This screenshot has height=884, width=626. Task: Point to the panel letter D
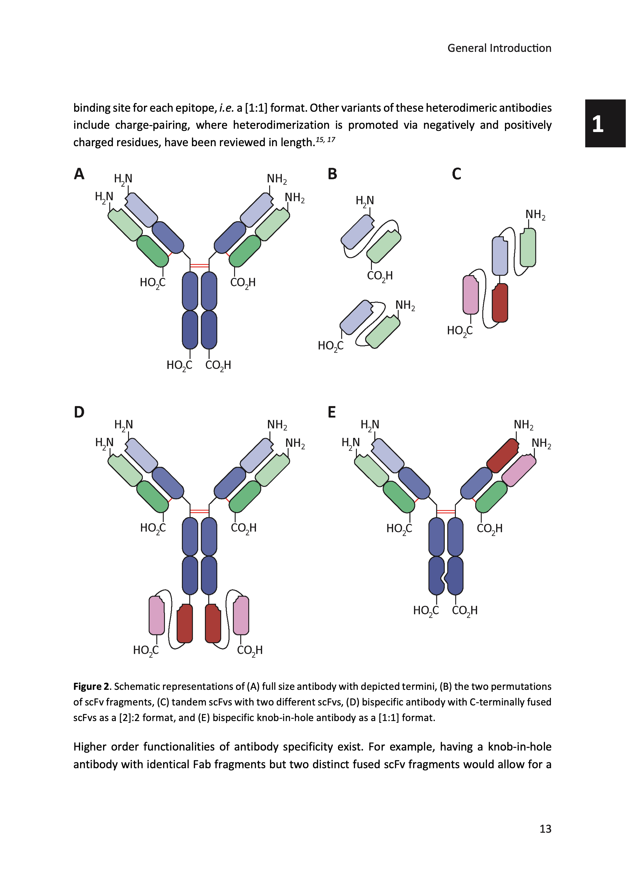[x=79, y=412]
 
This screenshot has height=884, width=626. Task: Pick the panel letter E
[x=332, y=412]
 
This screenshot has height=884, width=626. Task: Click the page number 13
[x=545, y=829]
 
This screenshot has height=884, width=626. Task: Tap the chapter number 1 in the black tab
[x=597, y=124]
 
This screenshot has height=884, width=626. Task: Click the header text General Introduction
[x=499, y=48]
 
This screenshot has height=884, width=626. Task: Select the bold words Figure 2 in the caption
[x=91, y=687]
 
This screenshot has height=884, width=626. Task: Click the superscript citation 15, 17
[x=325, y=140]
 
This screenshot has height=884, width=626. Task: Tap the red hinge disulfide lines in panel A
[x=199, y=265]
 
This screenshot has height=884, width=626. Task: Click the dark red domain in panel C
[x=500, y=303]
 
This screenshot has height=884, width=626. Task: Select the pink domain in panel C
[x=471, y=294]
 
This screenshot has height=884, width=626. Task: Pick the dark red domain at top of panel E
[x=503, y=456]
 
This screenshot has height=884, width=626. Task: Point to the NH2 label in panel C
[x=535, y=215]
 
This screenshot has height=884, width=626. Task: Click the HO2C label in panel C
[x=459, y=331]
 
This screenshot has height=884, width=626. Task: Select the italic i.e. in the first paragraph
[x=227, y=108]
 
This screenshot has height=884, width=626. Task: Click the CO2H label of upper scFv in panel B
[x=380, y=276]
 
